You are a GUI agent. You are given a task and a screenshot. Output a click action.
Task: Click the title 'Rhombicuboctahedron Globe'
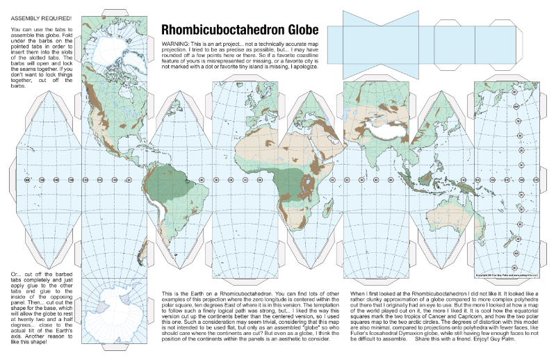tap(240, 30)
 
